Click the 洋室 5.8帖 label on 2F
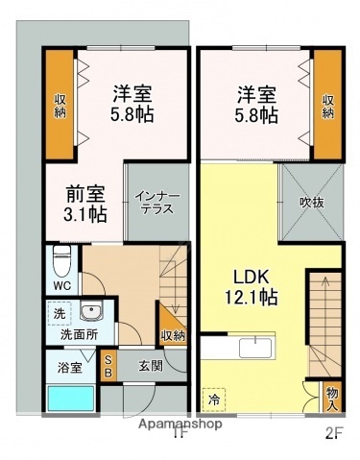click(x=256, y=104)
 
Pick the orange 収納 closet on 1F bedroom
click(x=60, y=106)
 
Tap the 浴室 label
click(x=67, y=366)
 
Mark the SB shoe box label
click(x=108, y=365)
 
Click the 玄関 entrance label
click(x=150, y=365)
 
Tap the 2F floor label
click(x=331, y=432)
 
